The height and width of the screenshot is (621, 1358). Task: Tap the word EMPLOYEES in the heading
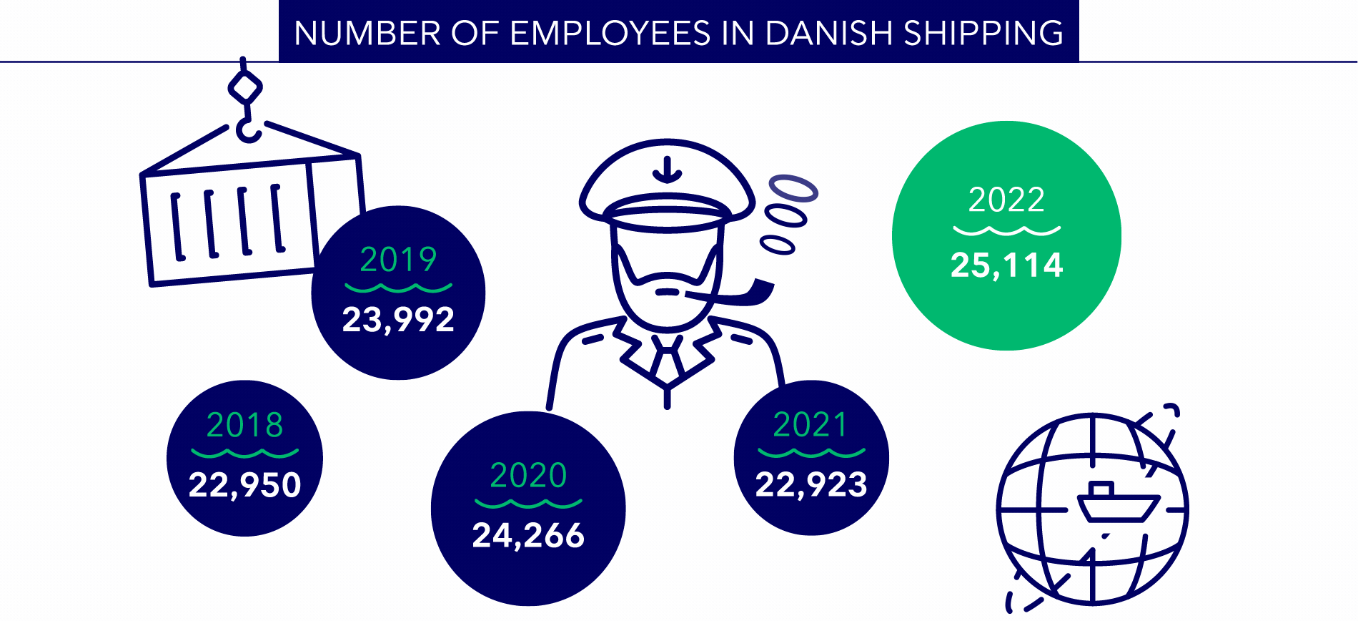[x=610, y=33]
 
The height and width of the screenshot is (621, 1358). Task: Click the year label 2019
[x=398, y=259]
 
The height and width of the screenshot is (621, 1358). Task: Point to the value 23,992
[x=398, y=319]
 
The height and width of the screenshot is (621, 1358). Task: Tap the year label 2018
[x=244, y=425]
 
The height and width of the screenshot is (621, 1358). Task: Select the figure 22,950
[x=244, y=485]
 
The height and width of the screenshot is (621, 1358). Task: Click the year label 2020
[x=528, y=475]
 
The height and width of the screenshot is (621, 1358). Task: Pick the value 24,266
[x=528, y=535]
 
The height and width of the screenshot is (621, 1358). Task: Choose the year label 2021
[x=811, y=425]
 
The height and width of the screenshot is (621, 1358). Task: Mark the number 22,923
[x=811, y=485]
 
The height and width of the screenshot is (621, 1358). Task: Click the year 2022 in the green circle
[x=1006, y=200]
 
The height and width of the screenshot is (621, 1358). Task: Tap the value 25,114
[x=1006, y=265]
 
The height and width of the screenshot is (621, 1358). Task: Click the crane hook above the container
[x=247, y=129]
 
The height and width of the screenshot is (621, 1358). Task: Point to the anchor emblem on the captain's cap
[x=668, y=170]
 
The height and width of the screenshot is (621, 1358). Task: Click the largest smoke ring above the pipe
[x=793, y=187]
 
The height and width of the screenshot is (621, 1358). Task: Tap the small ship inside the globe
[x=1117, y=505]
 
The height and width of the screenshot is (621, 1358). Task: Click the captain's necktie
[x=667, y=358]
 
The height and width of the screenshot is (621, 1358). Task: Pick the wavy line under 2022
[x=1006, y=230]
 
